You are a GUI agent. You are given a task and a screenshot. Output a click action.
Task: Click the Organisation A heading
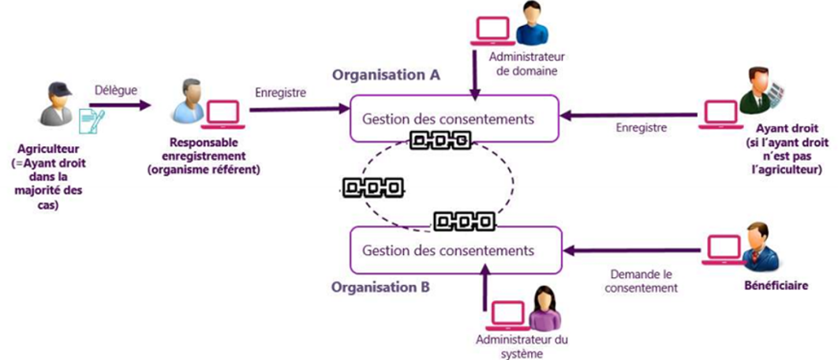click(x=386, y=75)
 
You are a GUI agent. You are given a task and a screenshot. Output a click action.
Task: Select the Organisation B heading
click(x=381, y=287)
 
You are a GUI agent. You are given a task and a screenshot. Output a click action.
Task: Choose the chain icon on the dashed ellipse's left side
click(x=372, y=188)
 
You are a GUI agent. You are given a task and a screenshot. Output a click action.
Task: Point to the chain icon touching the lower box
click(x=464, y=221)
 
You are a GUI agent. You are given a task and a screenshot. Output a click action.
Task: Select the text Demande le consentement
click(x=642, y=282)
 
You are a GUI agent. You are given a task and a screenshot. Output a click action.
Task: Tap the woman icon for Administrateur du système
click(x=544, y=309)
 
